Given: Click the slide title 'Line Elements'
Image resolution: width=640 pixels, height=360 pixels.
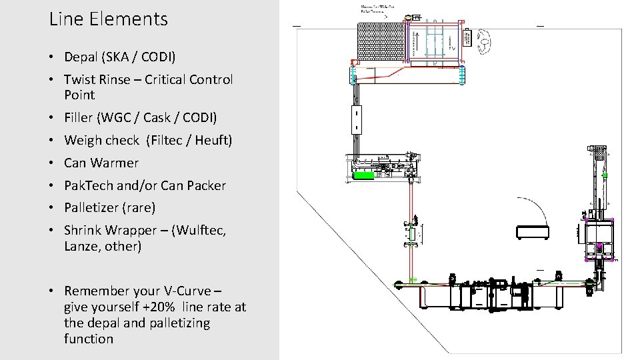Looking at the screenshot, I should click(x=109, y=19).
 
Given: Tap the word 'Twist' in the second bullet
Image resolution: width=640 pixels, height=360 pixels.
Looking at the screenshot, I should click(x=81, y=79).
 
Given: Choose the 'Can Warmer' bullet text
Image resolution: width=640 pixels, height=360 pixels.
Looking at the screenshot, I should click(x=101, y=163).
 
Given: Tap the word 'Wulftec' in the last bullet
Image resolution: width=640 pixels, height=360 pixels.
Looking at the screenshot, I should click(x=199, y=230).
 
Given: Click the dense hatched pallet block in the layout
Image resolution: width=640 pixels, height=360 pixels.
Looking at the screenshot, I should click(x=381, y=41).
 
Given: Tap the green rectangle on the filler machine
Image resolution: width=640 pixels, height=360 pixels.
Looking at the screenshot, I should click(x=363, y=175).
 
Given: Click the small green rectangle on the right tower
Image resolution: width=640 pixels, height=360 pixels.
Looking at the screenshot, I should click(x=605, y=175).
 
